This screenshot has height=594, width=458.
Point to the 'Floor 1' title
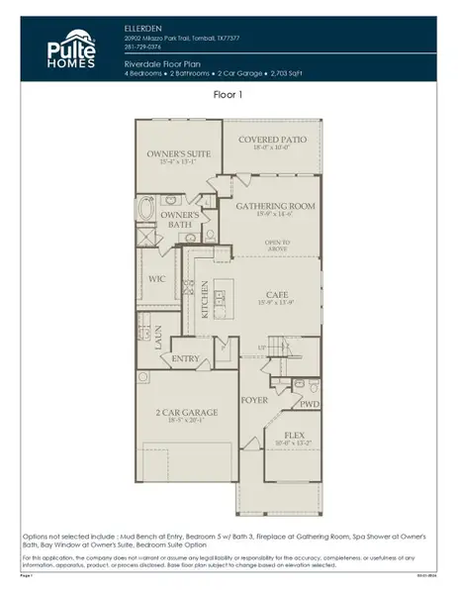[228, 95]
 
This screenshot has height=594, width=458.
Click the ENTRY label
[186, 358]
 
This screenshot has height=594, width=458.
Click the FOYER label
[255, 400]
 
